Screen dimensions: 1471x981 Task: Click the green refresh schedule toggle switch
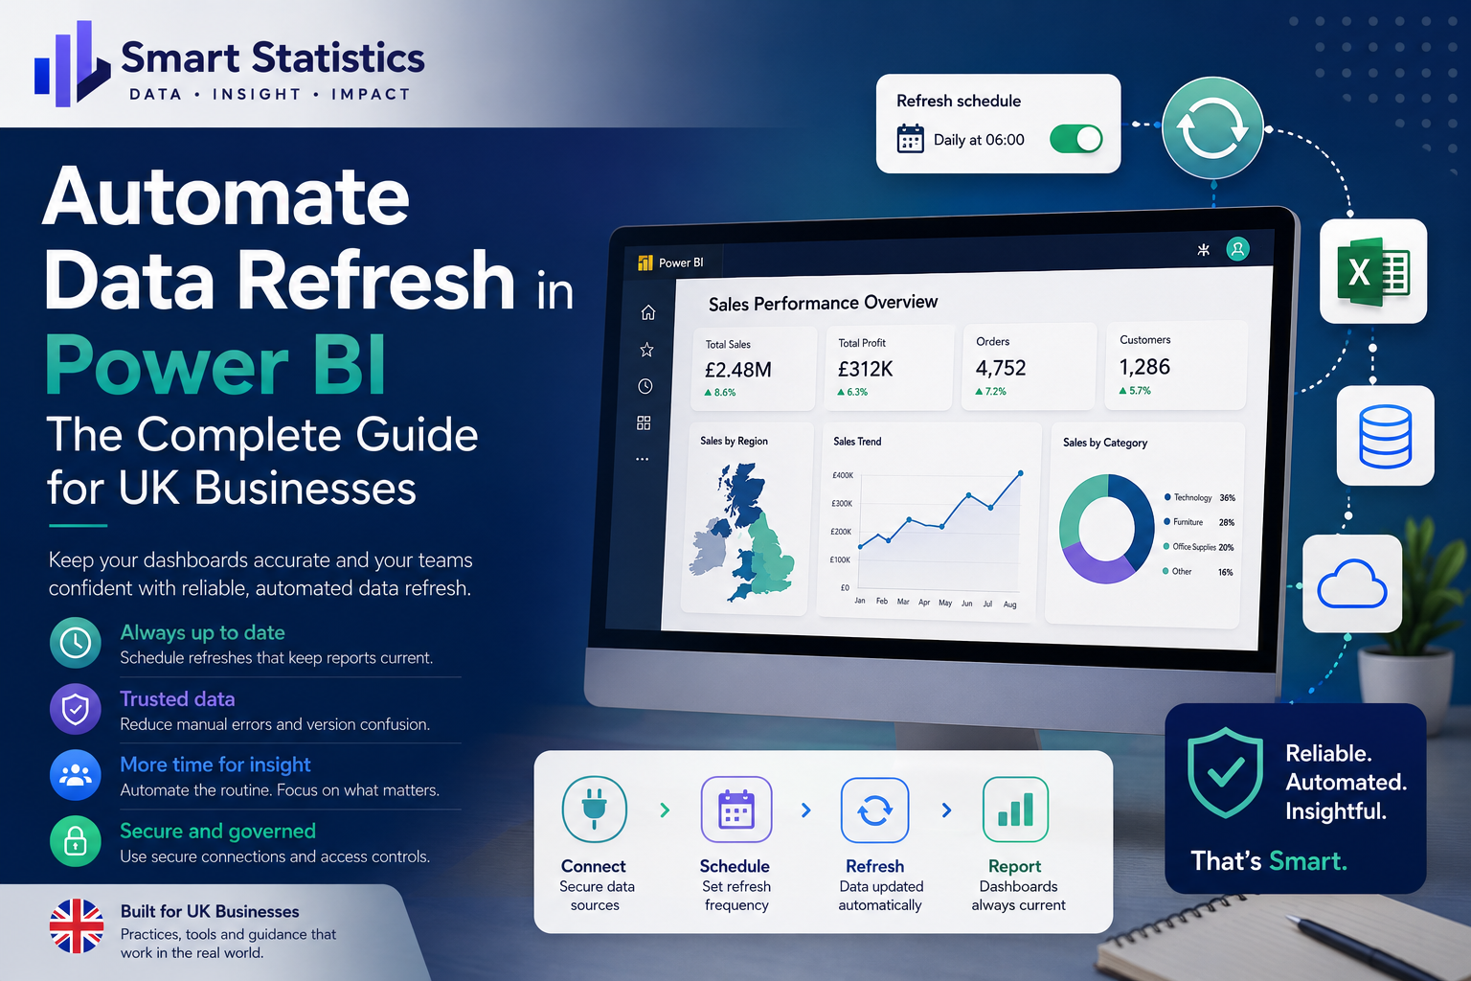(1075, 139)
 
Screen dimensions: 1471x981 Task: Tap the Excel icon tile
(1373, 271)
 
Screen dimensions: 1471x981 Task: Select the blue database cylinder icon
(1385, 436)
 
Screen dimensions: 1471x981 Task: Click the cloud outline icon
(1351, 583)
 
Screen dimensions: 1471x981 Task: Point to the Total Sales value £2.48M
(738, 370)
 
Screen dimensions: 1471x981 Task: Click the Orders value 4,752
(1001, 368)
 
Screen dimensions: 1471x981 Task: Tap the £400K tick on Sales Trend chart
(843, 475)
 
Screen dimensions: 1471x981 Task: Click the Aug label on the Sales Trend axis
(1010, 605)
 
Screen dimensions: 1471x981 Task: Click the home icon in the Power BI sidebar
(648, 312)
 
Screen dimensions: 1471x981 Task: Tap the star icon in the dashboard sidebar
(646, 349)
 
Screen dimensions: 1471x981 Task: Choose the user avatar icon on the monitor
(1238, 249)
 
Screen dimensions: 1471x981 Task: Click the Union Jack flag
(77, 925)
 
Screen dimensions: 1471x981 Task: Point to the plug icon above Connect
(595, 809)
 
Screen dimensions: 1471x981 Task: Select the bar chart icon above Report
(1015, 809)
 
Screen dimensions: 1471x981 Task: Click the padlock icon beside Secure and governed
(76, 841)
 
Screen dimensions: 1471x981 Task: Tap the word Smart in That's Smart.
(1307, 860)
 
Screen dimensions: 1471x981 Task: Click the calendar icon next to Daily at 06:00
(910, 139)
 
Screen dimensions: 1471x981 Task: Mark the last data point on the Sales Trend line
(1021, 473)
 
